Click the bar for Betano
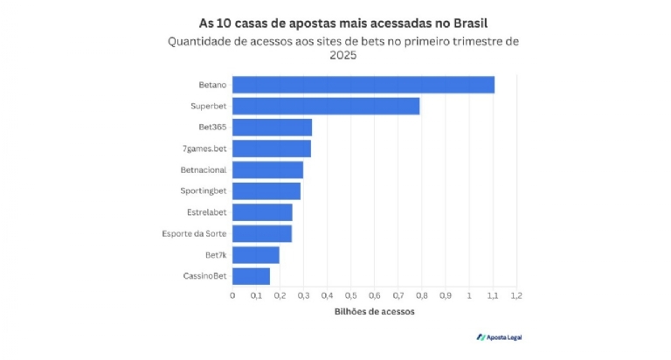pos(363,85)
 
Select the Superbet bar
pos(326,107)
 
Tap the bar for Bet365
pos(272,128)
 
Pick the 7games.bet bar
pos(271,149)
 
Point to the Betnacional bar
pos(267,170)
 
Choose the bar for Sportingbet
pos(266,191)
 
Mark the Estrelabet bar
pos(262,212)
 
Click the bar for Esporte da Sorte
pos(262,233)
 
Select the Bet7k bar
pos(255,255)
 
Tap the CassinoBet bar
pos(251,276)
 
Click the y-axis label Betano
pos(213,85)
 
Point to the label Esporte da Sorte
pos(195,233)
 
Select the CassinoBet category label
pos(207,276)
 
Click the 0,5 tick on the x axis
pos(350,295)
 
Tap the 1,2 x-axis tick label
pos(515,295)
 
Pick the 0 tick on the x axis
pos(232,295)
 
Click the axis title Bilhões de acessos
pos(374,312)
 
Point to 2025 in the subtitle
pos(342,55)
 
